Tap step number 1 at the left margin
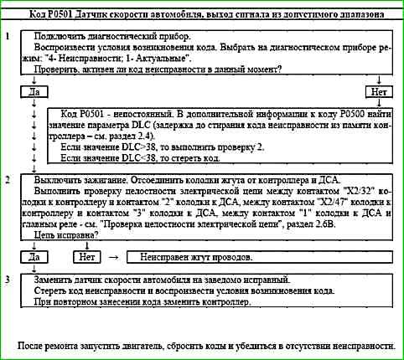click(x=7, y=39)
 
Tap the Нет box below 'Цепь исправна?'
click(x=89, y=257)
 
